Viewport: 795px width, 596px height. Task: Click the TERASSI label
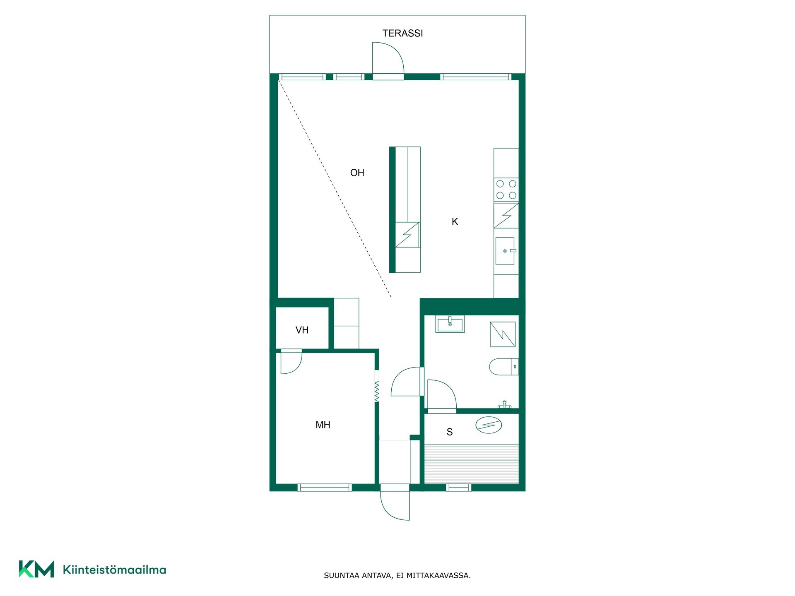point(402,33)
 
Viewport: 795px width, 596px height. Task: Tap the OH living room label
point(357,173)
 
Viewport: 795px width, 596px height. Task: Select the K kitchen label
point(455,222)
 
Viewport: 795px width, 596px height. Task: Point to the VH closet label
point(302,330)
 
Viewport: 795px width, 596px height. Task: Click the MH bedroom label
point(323,425)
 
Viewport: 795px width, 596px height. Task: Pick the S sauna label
point(450,432)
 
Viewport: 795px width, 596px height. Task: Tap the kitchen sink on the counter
point(506,251)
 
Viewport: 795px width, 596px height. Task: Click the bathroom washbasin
point(450,324)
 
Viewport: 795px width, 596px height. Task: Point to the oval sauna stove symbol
point(489,425)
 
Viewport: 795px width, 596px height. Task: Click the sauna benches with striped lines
point(472,464)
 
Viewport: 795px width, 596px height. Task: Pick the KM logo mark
point(36,569)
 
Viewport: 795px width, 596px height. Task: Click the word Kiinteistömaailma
point(114,570)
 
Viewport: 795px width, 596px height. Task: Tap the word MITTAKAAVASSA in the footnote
point(438,576)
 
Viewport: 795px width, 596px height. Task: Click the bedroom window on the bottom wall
point(325,488)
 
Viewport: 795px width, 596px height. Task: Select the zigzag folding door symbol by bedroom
point(376,392)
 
